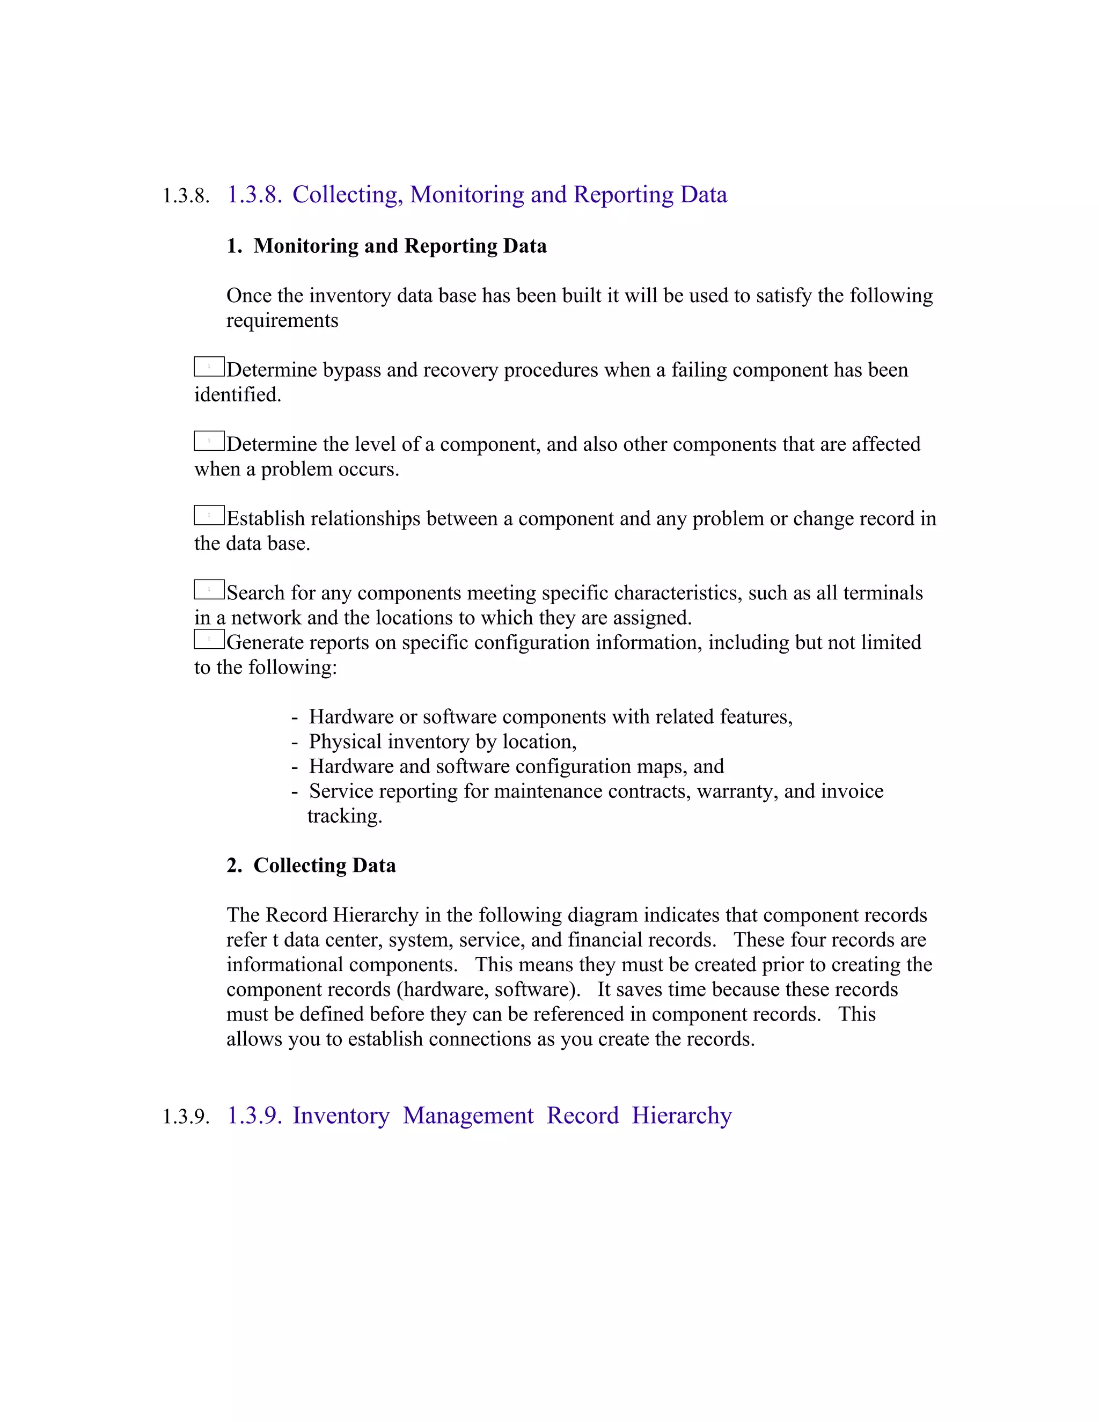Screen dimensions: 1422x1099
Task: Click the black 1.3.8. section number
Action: (x=186, y=196)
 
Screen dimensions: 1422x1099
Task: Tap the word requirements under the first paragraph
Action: (x=282, y=320)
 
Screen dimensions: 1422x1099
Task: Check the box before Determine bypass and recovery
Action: (x=209, y=367)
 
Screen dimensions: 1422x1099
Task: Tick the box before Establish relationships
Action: (x=209, y=516)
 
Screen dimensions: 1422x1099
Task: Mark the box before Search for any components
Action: (x=209, y=590)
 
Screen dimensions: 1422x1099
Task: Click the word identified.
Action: (x=238, y=394)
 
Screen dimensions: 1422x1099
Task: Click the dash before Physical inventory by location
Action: (x=295, y=742)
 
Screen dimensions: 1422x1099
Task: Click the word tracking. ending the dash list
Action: (x=345, y=816)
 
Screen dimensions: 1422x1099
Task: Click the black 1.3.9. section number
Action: (x=186, y=1117)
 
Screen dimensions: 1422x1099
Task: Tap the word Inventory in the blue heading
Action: (x=341, y=1116)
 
